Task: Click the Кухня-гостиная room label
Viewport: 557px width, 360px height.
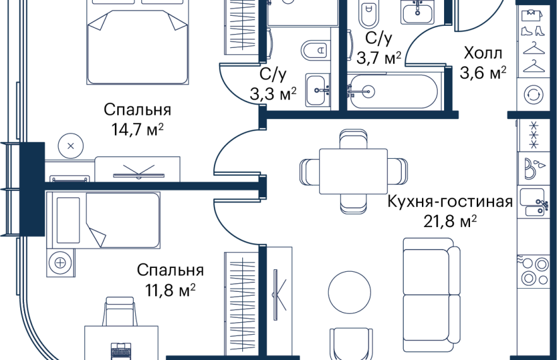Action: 450,202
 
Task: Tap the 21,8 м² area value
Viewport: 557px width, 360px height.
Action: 450,221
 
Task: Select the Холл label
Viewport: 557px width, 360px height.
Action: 483,53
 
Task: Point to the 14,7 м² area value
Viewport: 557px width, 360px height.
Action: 138,130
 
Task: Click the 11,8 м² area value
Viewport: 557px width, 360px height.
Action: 170,290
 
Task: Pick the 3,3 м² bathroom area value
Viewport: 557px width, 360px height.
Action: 273,95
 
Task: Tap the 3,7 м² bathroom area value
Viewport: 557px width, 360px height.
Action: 378,57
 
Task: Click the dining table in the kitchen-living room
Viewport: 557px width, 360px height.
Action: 353,171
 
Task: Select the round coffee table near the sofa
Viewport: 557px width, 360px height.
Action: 349,293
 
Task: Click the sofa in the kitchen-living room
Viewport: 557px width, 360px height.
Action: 431,291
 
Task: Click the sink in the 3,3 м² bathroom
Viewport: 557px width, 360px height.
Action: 318,90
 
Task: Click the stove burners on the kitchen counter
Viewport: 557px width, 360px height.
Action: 534,271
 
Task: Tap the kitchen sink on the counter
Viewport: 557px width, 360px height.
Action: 534,202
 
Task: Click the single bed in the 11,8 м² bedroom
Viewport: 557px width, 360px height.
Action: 103,221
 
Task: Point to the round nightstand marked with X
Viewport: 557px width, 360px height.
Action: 71,146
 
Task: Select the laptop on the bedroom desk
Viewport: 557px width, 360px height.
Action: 121,351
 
